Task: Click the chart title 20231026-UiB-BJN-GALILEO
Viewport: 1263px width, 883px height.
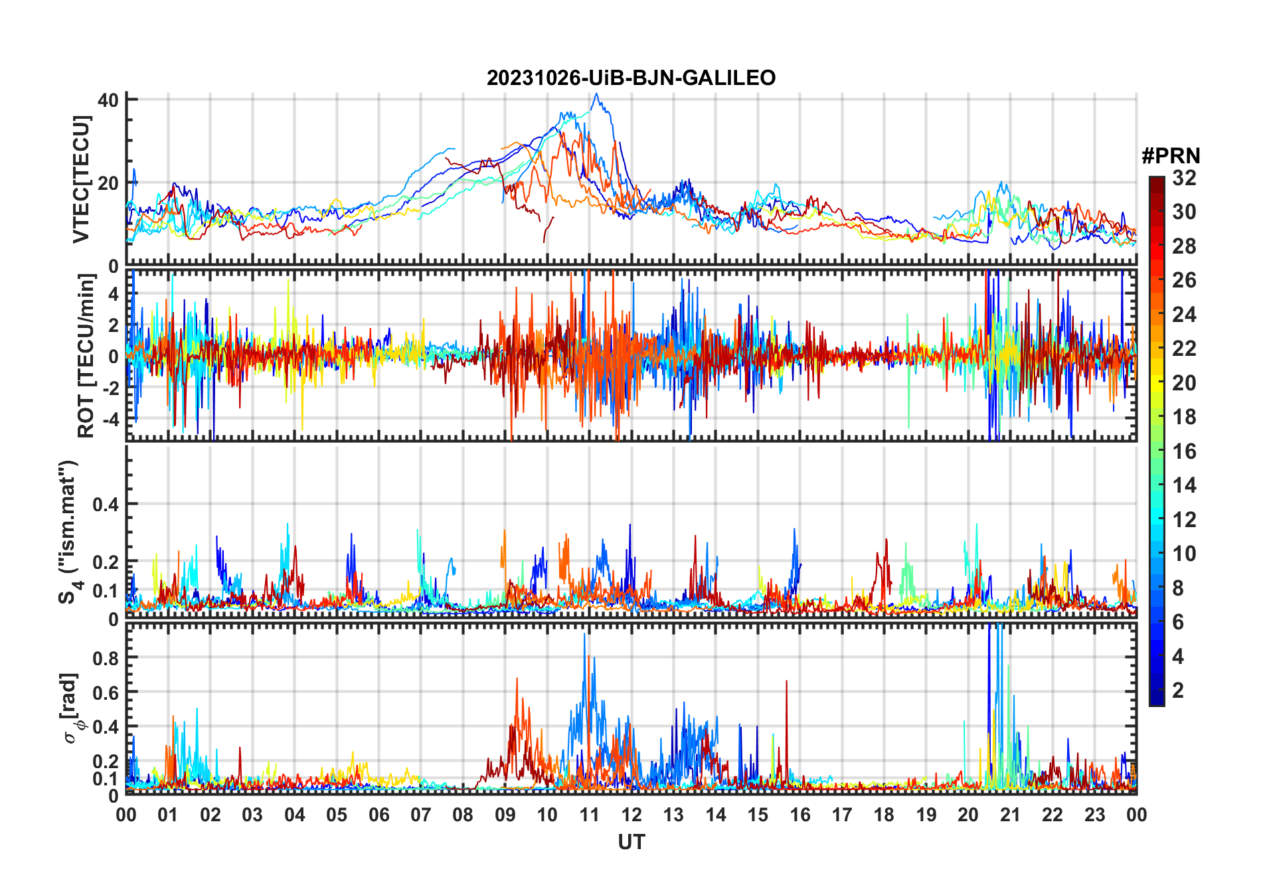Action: [x=631, y=78]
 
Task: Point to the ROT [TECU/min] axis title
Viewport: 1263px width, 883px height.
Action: [x=86, y=356]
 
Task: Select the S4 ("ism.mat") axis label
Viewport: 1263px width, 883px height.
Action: [x=69, y=532]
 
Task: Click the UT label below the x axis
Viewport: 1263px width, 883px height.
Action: [x=631, y=843]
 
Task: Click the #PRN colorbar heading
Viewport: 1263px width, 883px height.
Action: [x=1171, y=156]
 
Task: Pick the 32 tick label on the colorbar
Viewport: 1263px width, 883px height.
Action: [x=1184, y=178]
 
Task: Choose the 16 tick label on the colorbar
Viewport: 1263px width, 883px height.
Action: [x=1184, y=451]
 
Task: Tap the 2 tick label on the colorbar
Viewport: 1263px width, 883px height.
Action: [x=1178, y=690]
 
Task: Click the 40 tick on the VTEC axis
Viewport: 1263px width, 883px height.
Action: [x=108, y=100]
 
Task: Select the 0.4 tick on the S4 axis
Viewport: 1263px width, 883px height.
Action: [x=105, y=505]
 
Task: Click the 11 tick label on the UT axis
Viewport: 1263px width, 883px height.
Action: [x=589, y=815]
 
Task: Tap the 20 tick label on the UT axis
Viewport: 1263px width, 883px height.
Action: [x=968, y=815]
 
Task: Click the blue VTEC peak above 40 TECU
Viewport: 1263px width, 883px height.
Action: [x=596, y=95]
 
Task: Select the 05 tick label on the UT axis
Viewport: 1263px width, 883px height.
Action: [x=337, y=815]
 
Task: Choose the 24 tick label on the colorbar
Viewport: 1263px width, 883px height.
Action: [x=1184, y=315]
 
